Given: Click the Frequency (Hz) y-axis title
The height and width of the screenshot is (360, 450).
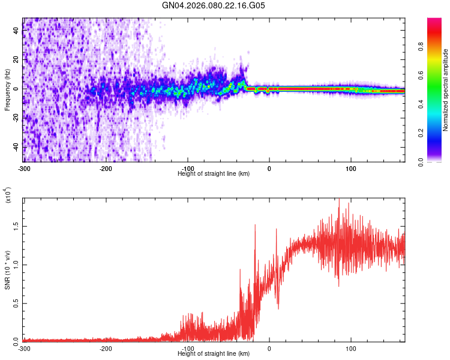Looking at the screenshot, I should click(x=7, y=90).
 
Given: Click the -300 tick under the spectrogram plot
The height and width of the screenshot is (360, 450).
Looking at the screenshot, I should click(x=24, y=167).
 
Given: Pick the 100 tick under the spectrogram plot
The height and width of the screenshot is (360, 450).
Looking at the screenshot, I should click(x=351, y=167).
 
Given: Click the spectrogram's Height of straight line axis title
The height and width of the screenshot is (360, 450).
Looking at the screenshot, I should click(x=214, y=173).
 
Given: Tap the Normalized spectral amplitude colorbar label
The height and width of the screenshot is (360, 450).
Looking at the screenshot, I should click(x=446, y=90).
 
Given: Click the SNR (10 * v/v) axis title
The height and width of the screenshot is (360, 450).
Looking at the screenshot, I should click(x=7, y=270).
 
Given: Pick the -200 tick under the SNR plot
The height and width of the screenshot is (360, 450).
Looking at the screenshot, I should click(x=106, y=348).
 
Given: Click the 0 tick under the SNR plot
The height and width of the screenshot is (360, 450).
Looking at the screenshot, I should click(x=269, y=348).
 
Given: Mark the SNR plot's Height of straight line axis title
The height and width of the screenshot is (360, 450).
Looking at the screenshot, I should click(x=214, y=354).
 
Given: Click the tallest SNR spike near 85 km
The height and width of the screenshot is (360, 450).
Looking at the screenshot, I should click(x=339, y=200).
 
